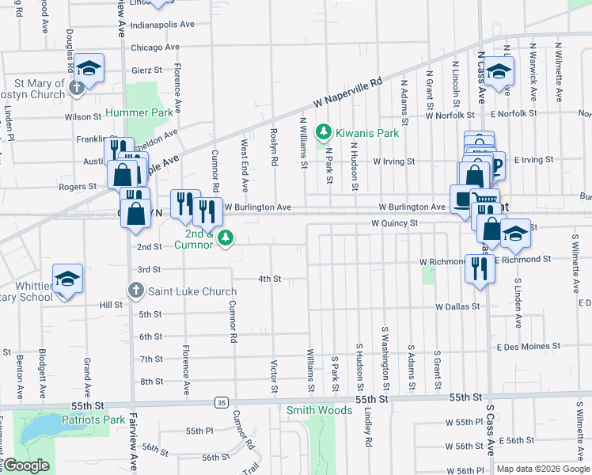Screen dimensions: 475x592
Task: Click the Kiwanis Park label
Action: (x=366, y=133)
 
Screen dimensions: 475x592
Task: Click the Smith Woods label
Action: (x=319, y=410)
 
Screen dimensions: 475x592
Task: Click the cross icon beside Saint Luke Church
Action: (x=135, y=291)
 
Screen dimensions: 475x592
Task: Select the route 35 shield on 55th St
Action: (x=221, y=403)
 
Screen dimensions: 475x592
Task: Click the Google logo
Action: (x=26, y=465)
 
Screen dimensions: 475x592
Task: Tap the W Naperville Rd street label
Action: (x=347, y=93)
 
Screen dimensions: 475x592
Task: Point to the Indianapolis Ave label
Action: (x=162, y=25)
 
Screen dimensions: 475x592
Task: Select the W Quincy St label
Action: (x=395, y=224)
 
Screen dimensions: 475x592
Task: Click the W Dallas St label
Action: (x=457, y=306)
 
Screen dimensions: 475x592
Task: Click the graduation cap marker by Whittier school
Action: (x=68, y=279)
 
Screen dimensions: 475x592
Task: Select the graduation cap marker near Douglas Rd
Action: (x=89, y=69)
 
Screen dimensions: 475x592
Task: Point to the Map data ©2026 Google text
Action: (x=542, y=469)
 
